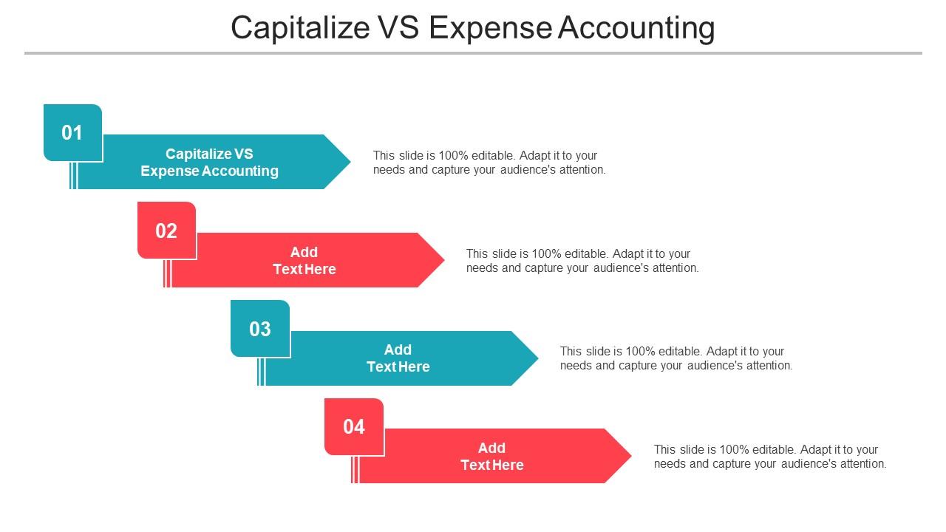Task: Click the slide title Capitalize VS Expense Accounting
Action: pos(473,28)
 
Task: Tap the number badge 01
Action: pos(72,133)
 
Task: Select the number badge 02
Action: pos(166,231)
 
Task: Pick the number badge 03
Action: pos(260,329)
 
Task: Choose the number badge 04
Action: pos(354,426)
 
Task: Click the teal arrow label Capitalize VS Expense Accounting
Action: pos(209,163)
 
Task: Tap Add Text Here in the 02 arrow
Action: pos(304,261)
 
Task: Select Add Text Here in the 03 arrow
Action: pos(398,358)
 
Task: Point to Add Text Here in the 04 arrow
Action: pos(491,457)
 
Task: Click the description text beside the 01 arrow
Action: pos(489,163)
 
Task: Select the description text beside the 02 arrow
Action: pos(582,261)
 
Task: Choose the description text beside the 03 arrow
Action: pos(676,358)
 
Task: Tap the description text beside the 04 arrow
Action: pos(769,457)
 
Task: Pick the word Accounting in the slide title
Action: pos(636,28)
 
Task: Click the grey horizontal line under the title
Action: pos(473,53)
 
